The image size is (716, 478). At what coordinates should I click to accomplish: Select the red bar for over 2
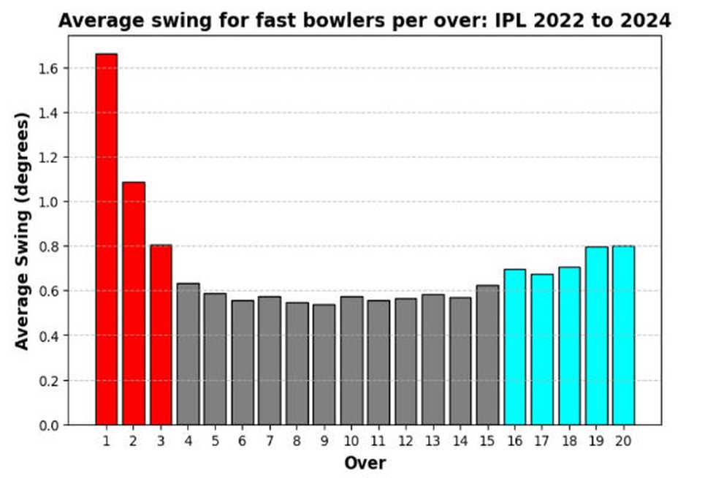click(x=133, y=303)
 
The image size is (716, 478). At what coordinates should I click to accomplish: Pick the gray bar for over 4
click(x=188, y=354)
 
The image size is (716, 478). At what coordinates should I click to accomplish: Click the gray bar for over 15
click(x=487, y=355)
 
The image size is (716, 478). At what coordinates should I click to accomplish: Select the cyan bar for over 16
click(x=514, y=347)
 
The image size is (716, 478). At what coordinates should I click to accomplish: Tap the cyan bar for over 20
click(x=623, y=335)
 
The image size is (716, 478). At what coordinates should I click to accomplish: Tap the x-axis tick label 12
click(x=405, y=441)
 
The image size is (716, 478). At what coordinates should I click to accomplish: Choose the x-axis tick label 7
click(x=270, y=441)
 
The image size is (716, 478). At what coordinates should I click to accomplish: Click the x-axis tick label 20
click(x=623, y=441)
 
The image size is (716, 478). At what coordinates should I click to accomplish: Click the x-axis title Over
click(x=365, y=463)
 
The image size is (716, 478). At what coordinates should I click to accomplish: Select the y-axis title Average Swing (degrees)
click(x=23, y=231)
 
